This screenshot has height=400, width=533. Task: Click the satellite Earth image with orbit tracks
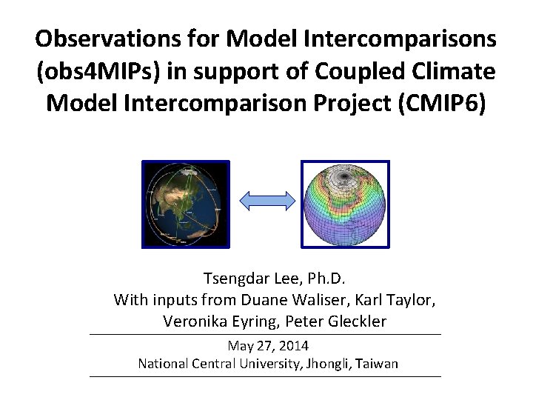pyautogui.click(x=186, y=204)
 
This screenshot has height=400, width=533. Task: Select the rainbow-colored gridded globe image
pyautogui.click(x=345, y=204)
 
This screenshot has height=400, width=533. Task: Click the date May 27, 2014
pyautogui.click(x=268, y=346)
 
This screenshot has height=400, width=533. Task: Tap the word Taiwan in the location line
pyautogui.click(x=375, y=364)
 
